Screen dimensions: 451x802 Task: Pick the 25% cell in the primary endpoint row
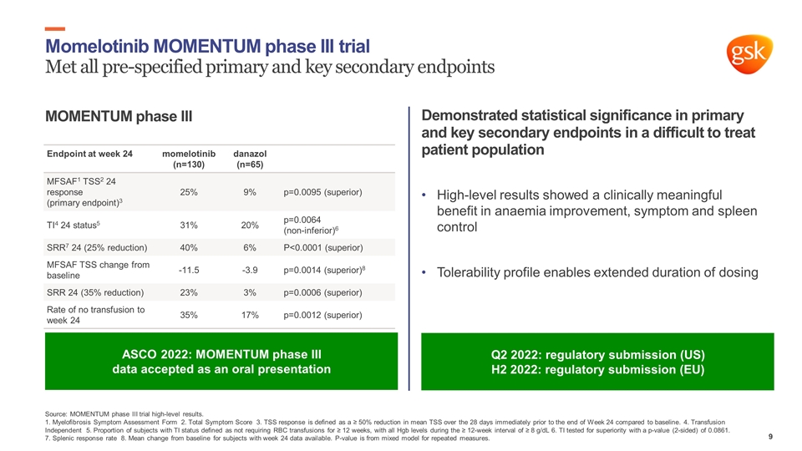pyautogui.click(x=189, y=193)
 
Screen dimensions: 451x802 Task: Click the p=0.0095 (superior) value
pyautogui.click(x=322, y=193)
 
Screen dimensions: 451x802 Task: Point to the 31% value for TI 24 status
pyautogui.click(x=189, y=225)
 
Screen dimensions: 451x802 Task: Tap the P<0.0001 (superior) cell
pyautogui.click(x=322, y=247)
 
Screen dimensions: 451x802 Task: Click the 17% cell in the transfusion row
pyautogui.click(x=249, y=316)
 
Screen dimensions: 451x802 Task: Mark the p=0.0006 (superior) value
pyautogui.click(x=322, y=293)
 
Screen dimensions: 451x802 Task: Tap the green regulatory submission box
pyautogui.click(x=597, y=362)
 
